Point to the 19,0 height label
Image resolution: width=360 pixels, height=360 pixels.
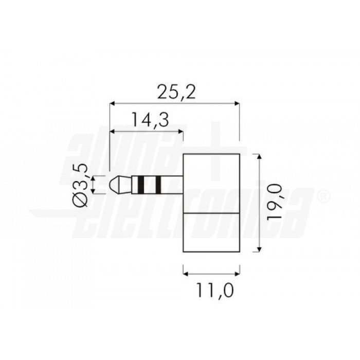(x=275, y=203)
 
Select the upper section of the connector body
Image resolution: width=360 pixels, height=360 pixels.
(x=212, y=183)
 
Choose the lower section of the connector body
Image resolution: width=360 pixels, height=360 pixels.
(x=212, y=232)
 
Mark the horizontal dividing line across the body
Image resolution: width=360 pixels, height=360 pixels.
(x=212, y=211)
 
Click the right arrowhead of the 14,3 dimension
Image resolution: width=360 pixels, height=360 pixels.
(x=181, y=131)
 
